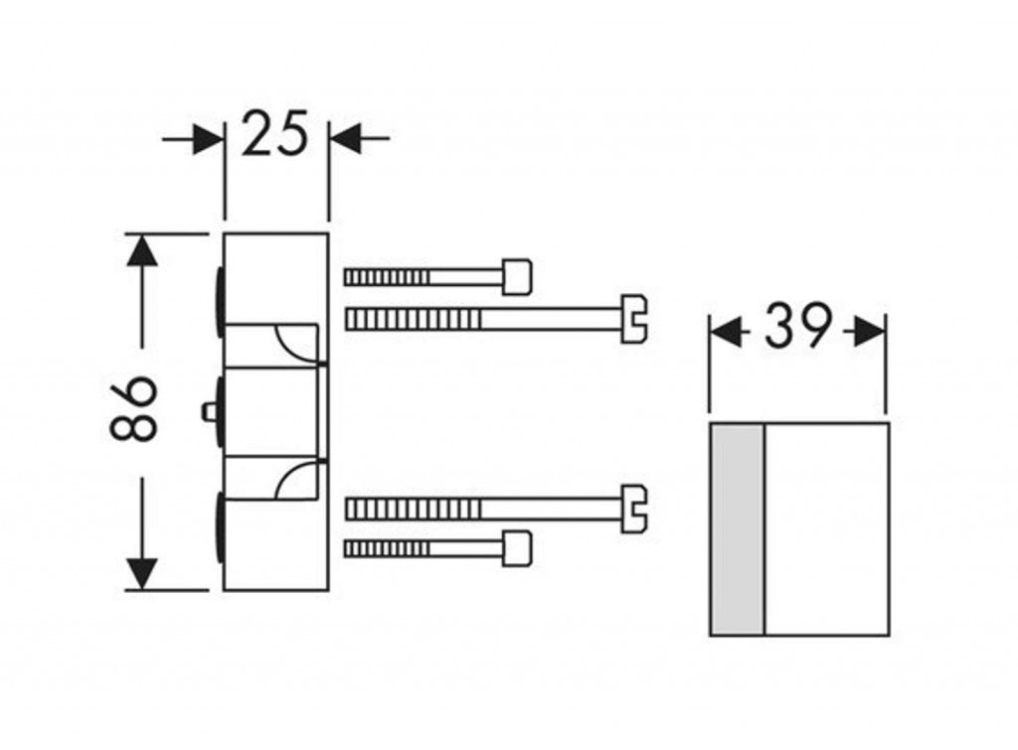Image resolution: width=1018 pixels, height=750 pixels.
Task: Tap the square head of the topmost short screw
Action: tap(517, 276)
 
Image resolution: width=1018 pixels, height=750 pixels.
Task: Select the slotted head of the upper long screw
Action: tap(634, 319)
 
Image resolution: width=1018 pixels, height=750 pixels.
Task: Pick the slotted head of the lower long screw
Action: tap(634, 509)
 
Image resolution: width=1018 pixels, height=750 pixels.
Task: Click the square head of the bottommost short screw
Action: tap(517, 548)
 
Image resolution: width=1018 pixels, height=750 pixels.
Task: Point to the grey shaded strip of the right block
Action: tap(737, 528)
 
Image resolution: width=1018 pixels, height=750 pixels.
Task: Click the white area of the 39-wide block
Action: tap(825, 528)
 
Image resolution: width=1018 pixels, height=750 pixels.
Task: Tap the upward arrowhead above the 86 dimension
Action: tap(143, 250)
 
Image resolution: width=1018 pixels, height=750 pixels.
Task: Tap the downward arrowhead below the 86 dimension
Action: tap(143, 573)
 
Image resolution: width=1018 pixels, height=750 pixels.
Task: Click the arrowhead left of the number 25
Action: tap(209, 139)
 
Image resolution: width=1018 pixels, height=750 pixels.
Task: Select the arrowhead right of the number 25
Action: tap(344, 139)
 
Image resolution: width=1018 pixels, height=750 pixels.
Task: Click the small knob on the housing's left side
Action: tap(208, 410)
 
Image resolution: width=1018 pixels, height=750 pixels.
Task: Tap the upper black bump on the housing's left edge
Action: tap(218, 296)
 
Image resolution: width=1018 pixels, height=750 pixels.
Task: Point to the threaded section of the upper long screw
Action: tap(413, 319)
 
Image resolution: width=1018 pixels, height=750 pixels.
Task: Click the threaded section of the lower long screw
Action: tap(413, 509)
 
